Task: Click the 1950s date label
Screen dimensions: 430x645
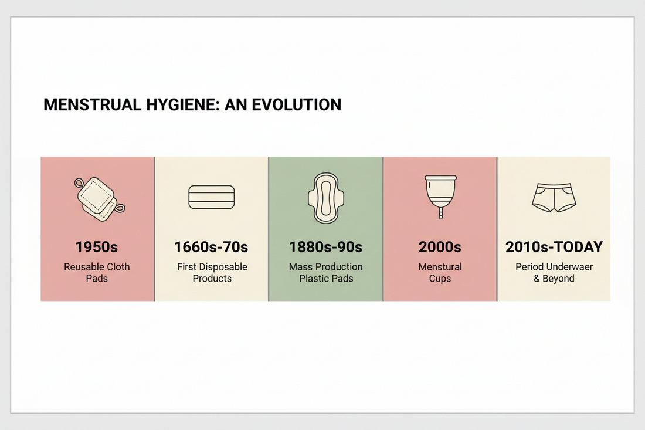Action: [x=97, y=247]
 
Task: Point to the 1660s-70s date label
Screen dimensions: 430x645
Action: [x=212, y=247]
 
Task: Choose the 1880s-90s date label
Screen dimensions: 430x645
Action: [x=325, y=247]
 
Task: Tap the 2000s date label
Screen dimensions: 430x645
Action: [x=440, y=247]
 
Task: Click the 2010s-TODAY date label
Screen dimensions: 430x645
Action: [x=554, y=247]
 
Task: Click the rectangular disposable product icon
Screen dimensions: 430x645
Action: [x=212, y=197]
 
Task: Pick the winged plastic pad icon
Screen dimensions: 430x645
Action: [x=325, y=198]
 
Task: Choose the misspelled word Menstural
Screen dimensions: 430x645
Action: [x=440, y=267]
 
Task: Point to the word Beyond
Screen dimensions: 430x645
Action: [x=558, y=279]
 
